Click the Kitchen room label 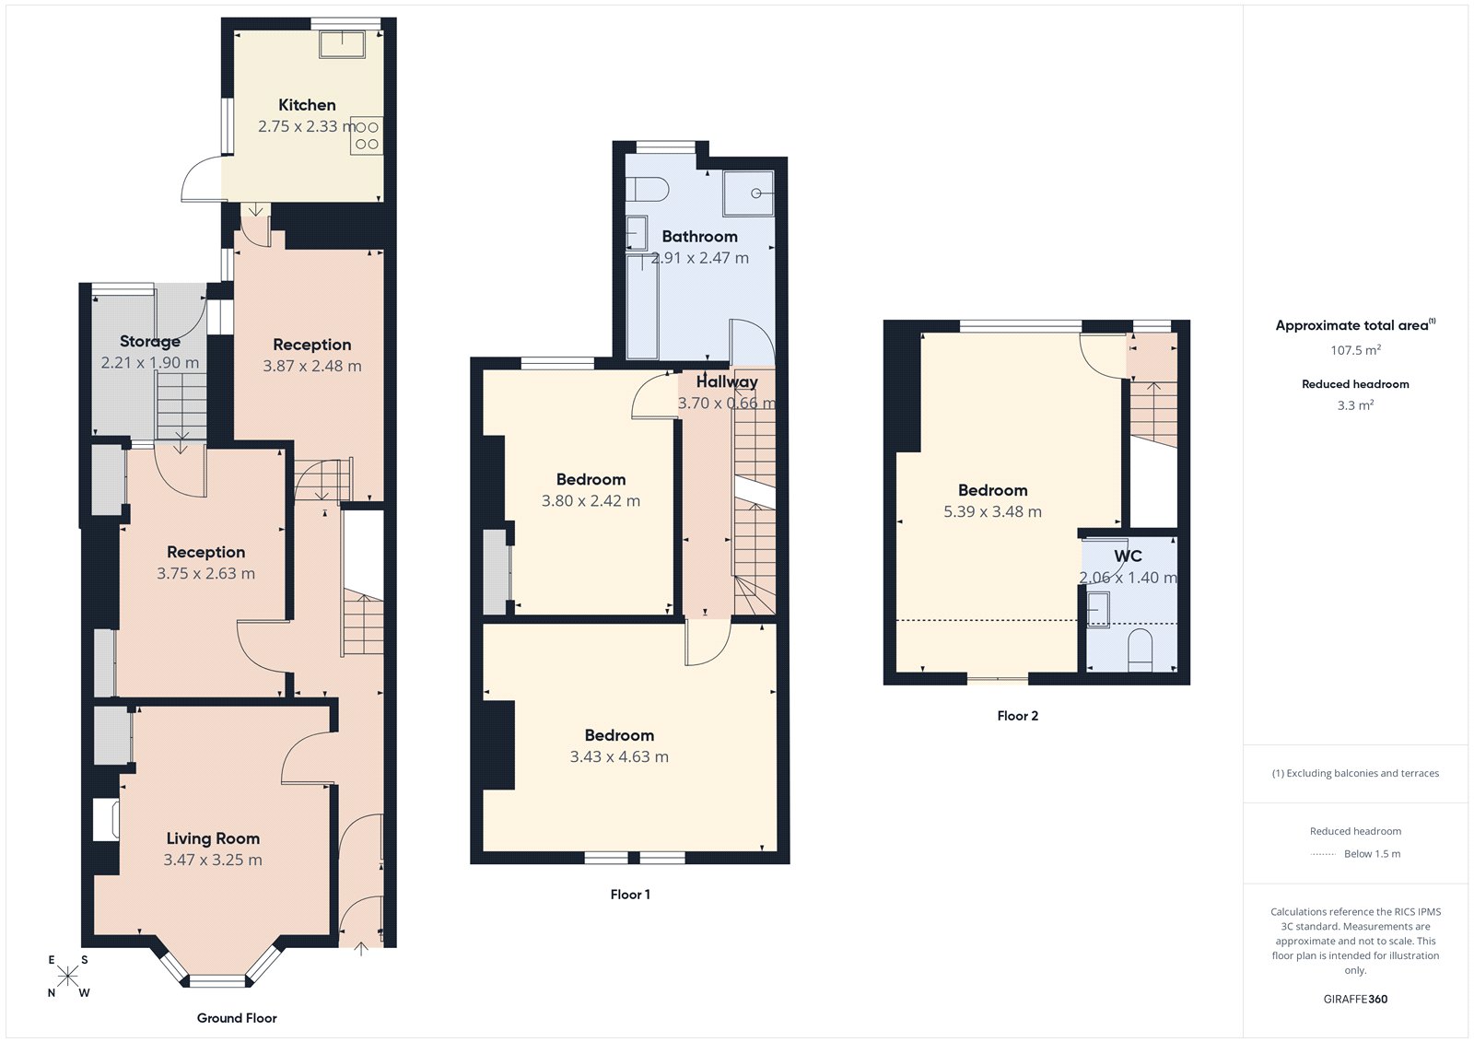pos(307,105)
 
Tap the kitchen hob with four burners pos(367,135)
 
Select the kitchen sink pos(342,43)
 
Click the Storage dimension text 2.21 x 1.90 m pos(149,363)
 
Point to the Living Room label pos(213,838)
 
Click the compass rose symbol pos(68,977)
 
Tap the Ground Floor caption pos(237,1018)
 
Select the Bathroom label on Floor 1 pos(699,237)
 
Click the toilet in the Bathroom pos(647,189)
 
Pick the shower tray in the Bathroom pos(748,193)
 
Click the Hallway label pos(727,381)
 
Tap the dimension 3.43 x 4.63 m pos(619,757)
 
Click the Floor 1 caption pos(630,895)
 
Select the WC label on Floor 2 pos(1128,556)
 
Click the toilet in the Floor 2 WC pos(1141,649)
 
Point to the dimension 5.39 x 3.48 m pos(992,512)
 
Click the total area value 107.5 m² pos(1355,350)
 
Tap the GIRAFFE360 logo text pos(1355,999)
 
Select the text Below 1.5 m pos(1372,854)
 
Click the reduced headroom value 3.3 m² pos(1355,405)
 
